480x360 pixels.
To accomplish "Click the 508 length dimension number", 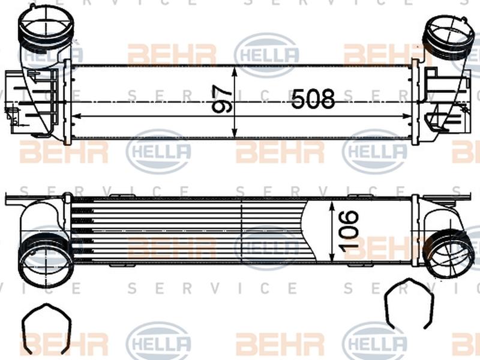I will point(313,100).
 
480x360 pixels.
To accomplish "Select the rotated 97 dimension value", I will point(221,100).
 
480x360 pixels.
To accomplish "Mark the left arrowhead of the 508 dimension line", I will point(74,114).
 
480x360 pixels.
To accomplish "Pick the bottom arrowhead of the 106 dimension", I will point(332,259).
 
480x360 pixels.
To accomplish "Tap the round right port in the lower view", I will point(449,252).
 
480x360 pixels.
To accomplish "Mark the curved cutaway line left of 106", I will point(306,231).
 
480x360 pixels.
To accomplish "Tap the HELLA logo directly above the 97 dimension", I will point(266,55).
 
